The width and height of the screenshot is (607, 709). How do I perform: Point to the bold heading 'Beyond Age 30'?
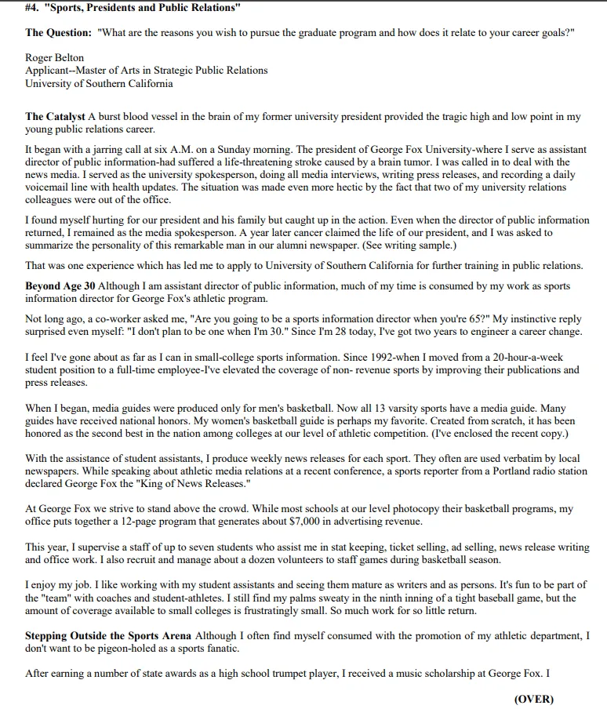click(60, 286)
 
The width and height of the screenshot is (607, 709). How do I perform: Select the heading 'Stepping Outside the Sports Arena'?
click(108, 636)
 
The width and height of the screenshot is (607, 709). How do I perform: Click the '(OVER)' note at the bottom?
click(534, 699)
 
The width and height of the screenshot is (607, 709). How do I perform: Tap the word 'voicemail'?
click(49, 188)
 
